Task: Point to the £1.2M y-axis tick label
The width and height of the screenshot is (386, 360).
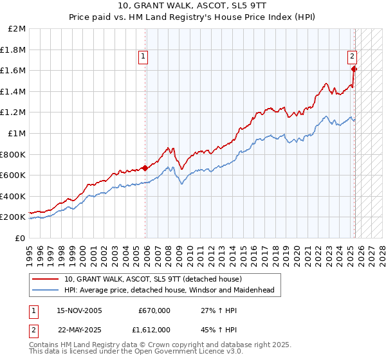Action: [14, 113]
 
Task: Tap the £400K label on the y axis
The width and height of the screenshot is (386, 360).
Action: [14, 196]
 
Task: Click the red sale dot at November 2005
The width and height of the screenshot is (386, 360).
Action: [145, 168]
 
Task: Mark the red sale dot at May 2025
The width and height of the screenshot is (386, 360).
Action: [354, 69]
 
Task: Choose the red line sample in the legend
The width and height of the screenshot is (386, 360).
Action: [46, 279]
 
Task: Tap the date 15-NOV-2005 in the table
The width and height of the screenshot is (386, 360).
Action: [80, 310]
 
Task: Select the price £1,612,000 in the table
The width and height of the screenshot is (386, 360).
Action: [154, 328]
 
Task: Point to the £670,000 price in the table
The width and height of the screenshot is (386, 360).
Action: [154, 310]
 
